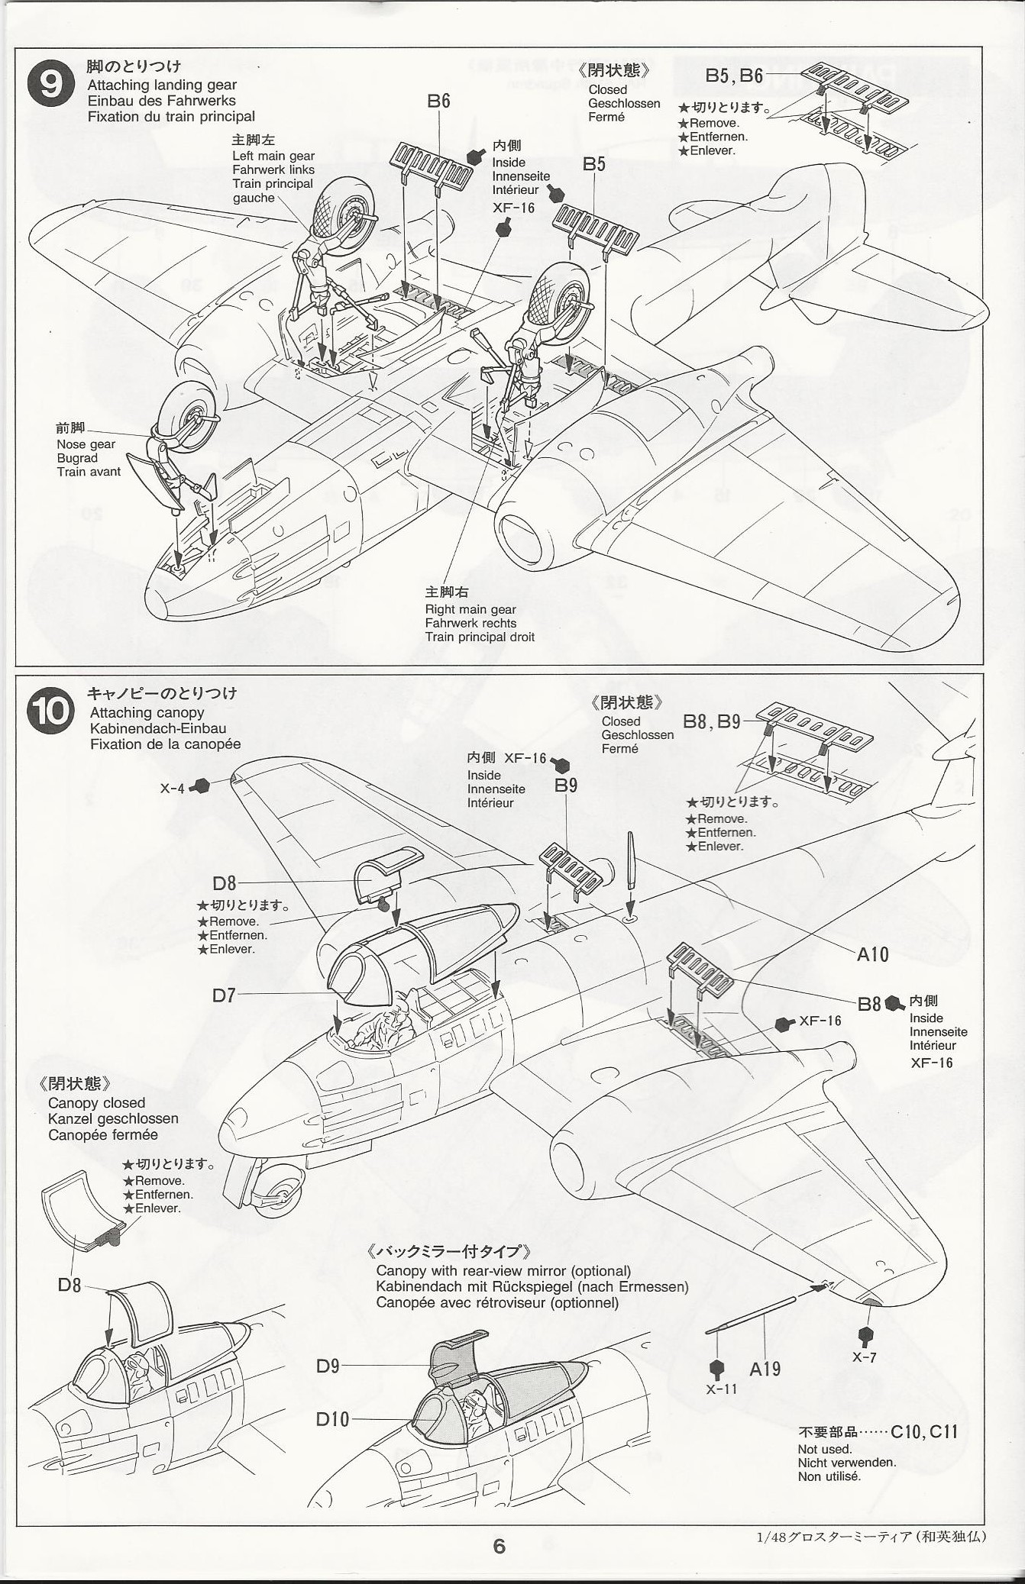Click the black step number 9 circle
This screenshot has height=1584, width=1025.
tap(50, 84)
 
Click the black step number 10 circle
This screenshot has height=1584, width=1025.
tap(50, 711)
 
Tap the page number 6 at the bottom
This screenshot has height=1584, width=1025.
tap(499, 1547)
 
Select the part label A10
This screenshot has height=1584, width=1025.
tap(872, 954)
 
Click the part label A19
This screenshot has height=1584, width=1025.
tap(765, 1369)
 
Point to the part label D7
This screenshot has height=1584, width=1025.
tap(224, 995)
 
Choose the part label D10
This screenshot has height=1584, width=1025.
tap(332, 1419)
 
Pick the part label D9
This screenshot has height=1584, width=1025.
tap(328, 1366)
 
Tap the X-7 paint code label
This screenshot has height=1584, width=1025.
tap(865, 1357)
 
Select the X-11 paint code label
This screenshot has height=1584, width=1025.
tap(721, 1389)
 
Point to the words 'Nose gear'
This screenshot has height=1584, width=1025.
tap(86, 444)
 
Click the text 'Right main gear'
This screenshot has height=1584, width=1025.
tap(470, 609)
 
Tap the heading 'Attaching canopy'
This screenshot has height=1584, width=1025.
tap(147, 712)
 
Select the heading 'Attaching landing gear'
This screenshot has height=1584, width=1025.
tap(162, 85)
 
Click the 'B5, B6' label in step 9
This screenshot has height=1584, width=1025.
tap(733, 76)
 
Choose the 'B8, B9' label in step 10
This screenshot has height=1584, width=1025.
tap(711, 721)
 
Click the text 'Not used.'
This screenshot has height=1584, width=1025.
tap(825, 1449)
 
